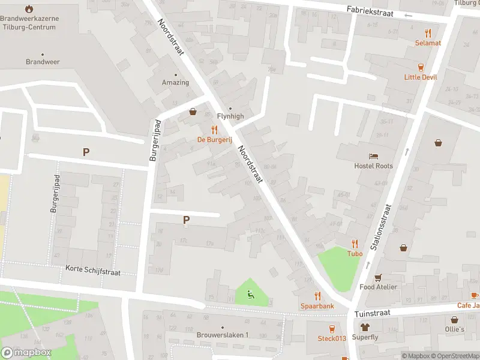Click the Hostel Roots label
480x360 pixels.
point(373,166)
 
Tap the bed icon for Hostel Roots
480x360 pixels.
point(374,156)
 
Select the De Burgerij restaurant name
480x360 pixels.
point(214,139)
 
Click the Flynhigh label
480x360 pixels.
point(230,116)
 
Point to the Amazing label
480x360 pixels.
point(175,83)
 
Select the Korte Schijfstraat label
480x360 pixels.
point(93,272)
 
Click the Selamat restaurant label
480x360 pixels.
point(428,43)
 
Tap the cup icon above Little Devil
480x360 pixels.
point(421,67)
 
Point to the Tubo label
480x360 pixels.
point(355,253)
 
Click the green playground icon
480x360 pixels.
point(251,294)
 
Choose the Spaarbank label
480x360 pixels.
point(317,305)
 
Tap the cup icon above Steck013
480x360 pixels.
point(332,328)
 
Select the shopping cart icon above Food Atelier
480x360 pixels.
point(378,277)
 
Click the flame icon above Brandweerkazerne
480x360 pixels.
point(29,9)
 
